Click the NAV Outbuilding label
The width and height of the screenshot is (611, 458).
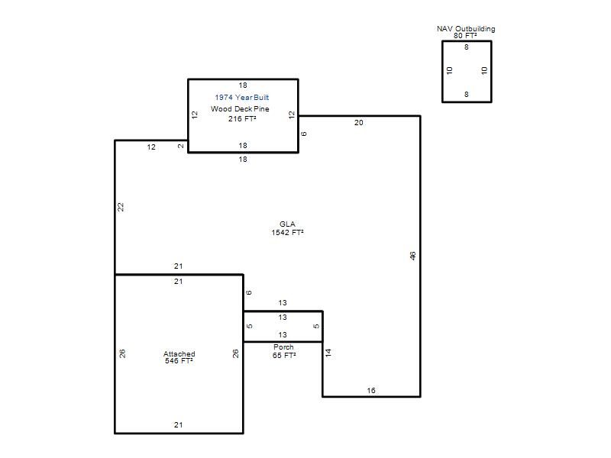pos(466,28)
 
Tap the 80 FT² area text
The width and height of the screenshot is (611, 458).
pos(465,35)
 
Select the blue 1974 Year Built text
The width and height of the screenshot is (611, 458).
pos(241,98)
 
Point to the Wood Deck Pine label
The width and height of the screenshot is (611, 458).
pos(240,108)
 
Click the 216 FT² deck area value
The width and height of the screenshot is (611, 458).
pos(242,118)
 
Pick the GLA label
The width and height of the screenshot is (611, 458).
pos(287,224)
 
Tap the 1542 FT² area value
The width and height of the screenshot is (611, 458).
pos(288,233)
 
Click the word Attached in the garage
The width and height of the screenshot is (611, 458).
pos(179,353)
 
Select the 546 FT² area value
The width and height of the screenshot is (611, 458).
pos(179,360)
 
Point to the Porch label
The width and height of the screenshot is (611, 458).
pos(283,347)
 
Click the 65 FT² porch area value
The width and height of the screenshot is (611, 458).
pos(284,355)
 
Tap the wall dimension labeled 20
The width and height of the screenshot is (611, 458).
pos(358,123)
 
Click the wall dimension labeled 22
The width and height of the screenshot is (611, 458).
pos(121,207)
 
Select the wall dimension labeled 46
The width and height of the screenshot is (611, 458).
pos(412,256)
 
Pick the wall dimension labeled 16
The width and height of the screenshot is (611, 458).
pos(371,390)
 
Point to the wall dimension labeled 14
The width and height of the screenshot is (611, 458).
pos(328,353)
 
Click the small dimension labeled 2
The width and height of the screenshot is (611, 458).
pos(181,147)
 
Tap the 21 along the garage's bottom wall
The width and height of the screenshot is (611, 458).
pos(179,425)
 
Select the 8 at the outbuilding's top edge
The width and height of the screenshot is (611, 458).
pos(467,47)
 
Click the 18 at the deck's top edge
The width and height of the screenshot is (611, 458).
pos(243,85)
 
